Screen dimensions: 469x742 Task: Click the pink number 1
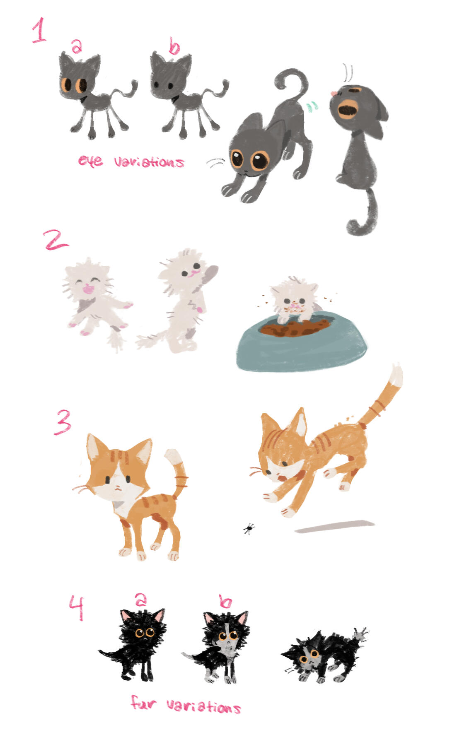point(39,30)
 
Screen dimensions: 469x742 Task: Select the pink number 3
point(63,422)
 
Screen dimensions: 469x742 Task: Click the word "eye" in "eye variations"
point(90,160)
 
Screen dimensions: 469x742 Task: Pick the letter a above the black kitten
point(140,599)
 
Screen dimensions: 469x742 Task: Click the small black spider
point(249,529)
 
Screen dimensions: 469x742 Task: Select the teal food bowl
point(302,342)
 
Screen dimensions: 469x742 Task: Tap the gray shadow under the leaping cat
point(334,526)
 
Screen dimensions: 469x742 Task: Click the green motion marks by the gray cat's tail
point(312,106)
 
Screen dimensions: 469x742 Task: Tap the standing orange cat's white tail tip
point(173,456)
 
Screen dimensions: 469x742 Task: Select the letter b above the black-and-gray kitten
point(225,601)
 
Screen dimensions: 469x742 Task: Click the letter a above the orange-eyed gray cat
point(76,46)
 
